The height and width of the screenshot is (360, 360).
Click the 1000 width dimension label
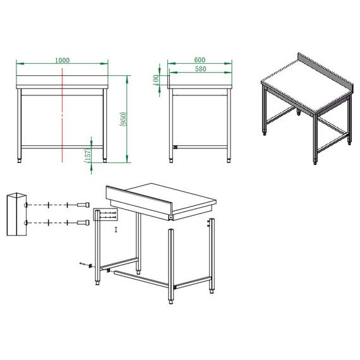tap(62, 60)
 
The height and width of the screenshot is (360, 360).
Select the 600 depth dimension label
tap(200, 60)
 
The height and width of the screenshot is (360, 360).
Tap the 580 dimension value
tap(200, 68)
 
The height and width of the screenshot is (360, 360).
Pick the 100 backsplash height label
tap(156, 80)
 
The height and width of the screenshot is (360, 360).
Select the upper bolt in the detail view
tap(83, 205)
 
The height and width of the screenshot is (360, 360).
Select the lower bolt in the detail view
tap(83, 223)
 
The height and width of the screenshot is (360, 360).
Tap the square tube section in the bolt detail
tap(18, 215)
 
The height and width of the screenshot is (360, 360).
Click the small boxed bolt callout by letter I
tap(104, 215)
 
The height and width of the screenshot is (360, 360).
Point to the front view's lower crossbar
tap(62, 147)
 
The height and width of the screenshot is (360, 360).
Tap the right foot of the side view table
tap(228, 160)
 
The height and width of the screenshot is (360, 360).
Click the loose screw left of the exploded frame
tap(83, 263)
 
